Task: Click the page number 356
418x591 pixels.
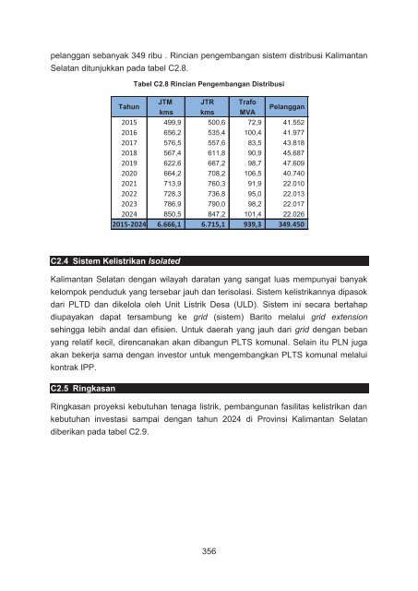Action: pyautogui.click(x=209, y=551)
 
